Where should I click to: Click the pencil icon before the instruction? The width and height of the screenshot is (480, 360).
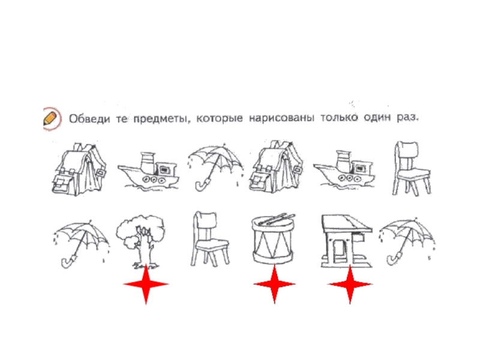tap(52, 119)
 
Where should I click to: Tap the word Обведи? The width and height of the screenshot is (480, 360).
tap(89, 118)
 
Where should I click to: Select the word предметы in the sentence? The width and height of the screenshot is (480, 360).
tap(160, 118)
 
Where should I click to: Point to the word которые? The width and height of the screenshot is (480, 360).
tap(220, 118)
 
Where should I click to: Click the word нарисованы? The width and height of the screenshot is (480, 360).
tap(281, 118)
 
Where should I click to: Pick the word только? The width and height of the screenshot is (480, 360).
tap(339, 117)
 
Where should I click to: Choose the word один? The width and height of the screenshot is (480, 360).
tap(377, 117)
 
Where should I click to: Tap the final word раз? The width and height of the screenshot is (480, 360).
tap(407, 117)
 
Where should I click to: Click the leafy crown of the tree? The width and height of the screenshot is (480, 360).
tap(140, 230)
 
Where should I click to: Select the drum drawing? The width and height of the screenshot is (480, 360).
tap(273, 239)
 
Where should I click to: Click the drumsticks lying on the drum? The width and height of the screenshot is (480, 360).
tap(275, 219)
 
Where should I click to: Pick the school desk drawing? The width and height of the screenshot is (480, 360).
tap(346, 241)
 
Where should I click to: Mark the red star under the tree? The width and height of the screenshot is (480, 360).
tap(146, 284)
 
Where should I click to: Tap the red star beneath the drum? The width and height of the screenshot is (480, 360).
tap(275, 284)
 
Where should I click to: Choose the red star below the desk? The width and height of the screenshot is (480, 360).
tap(350, 284)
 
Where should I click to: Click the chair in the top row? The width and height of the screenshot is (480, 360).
tap(411, 169)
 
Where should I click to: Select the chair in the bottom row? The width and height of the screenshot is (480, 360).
tap(209, 239)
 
